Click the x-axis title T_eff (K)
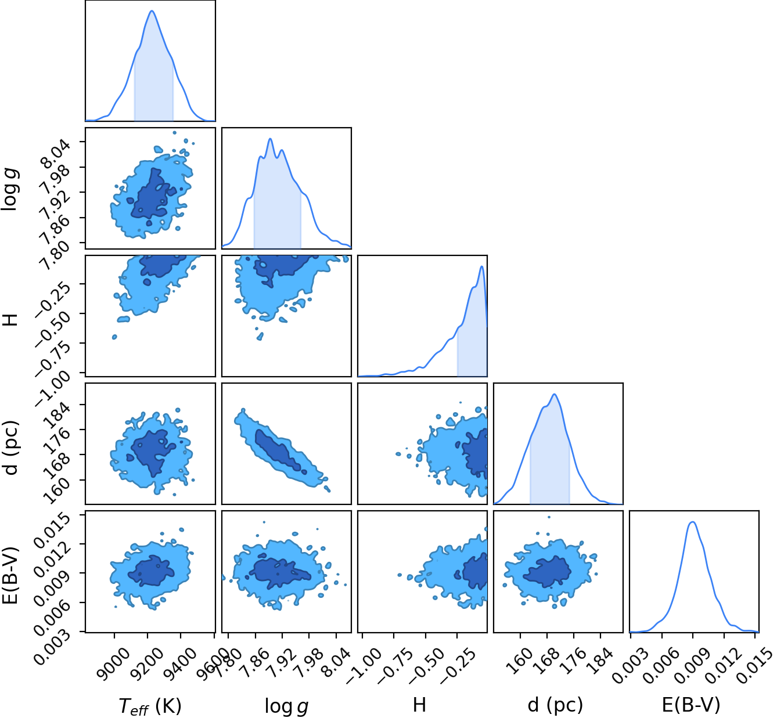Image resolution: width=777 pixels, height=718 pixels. pyautogui.click(x=150, y=706)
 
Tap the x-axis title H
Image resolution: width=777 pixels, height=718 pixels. pyautogui.click(x=419, y=705)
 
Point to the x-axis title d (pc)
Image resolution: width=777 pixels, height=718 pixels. pyautogui.click(x=555, y=705)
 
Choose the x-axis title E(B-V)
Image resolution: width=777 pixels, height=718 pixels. pyautogui.click(x=691, y=705)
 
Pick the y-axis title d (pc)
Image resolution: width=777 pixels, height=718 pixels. pyautogui.click(x=10, y=448)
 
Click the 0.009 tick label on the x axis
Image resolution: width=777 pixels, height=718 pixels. pyautogui.click(x=692, y=665)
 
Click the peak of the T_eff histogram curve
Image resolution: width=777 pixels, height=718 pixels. pyautogui.click(x=152, y=10)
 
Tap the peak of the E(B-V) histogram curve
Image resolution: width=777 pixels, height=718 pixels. pyautogui.click(x=692, y=522)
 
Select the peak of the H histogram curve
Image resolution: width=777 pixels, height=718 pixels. pyautogui.click(x=482, y=266)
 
